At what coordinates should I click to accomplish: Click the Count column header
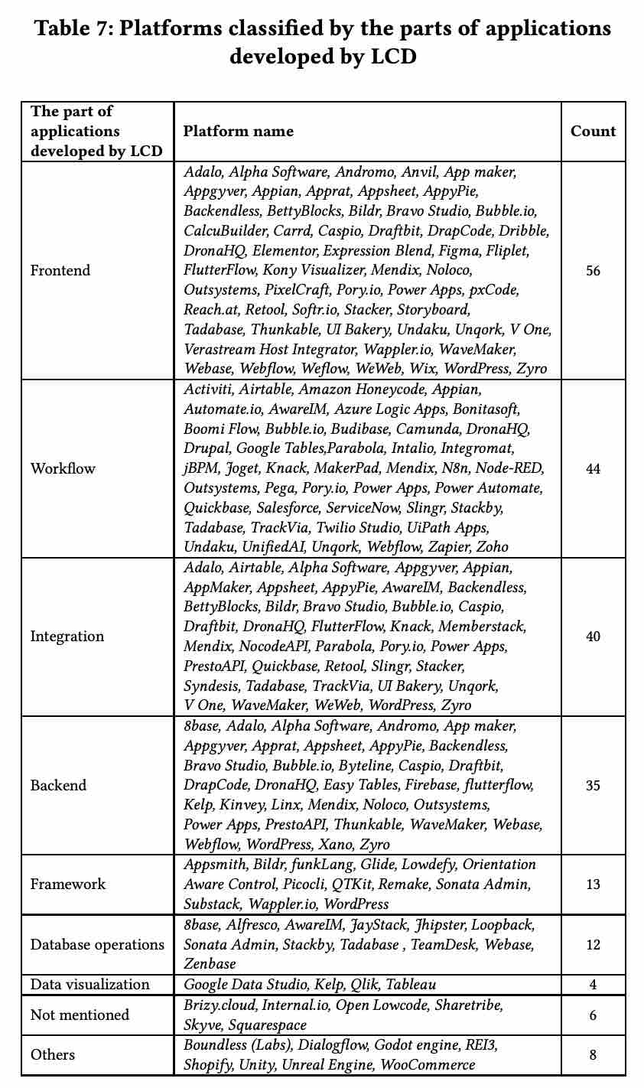[593, 131]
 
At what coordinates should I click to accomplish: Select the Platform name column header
[238, 131]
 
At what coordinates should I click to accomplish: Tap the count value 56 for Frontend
[593, 270]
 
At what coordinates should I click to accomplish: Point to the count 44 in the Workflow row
[593, 468]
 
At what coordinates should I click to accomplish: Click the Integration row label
[67, 637]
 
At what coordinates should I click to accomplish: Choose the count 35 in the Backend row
[593, 785]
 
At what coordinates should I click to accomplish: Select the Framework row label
[68, 884]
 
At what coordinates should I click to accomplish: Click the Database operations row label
[97, 944]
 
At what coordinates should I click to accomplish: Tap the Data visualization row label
[90, 984]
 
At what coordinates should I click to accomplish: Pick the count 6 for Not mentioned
[593, 1015]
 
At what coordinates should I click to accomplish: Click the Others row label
[53, 1055]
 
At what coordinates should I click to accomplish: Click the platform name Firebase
[431, 785]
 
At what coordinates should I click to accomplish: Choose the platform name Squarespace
[268, 1025]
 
